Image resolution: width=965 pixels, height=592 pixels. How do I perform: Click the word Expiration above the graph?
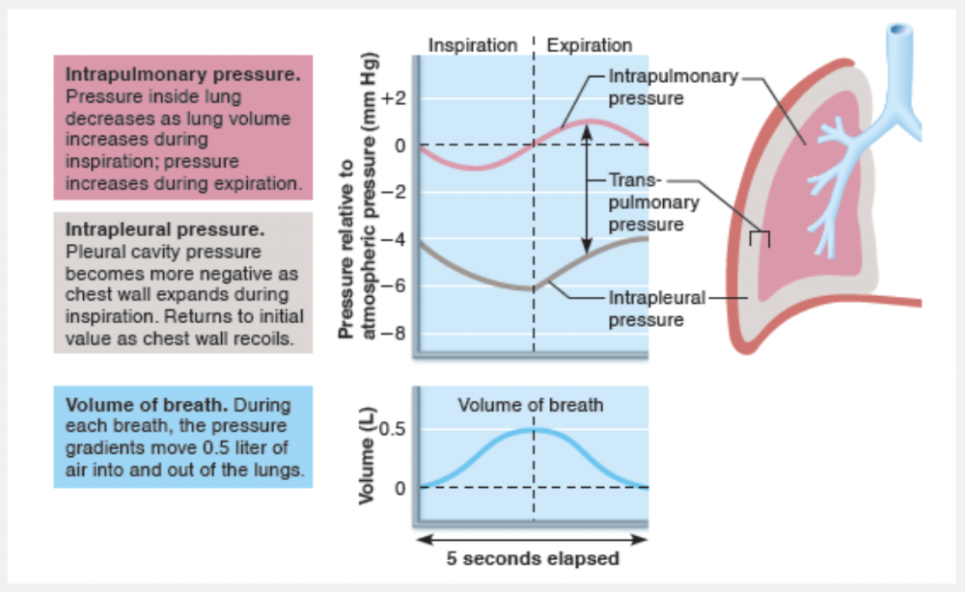coord(589,45)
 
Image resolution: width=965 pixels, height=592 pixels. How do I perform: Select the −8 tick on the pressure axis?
coord(396,334)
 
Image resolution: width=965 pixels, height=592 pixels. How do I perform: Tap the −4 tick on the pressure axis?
coord(396,239)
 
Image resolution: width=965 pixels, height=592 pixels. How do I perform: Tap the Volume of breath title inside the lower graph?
coord(530,405)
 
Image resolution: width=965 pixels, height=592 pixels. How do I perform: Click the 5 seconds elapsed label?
coord(533,558)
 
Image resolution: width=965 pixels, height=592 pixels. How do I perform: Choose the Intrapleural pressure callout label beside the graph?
coord(656,308)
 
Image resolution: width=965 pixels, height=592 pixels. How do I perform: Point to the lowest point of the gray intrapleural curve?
coord(530,288)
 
